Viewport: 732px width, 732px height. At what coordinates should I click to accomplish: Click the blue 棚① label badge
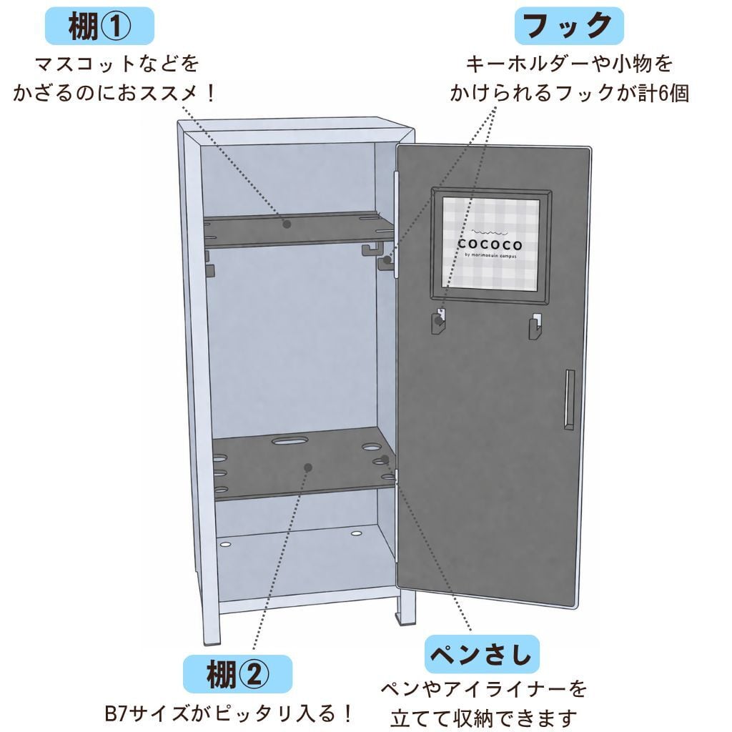coord(99,27)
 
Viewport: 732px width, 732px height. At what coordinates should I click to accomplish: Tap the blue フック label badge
coord(568,27)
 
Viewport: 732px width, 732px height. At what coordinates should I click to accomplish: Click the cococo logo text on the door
coord(490,244)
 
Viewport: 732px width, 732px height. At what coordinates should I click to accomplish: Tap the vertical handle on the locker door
coord(568,400)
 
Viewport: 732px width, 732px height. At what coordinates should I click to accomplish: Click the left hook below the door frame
coord(437,323)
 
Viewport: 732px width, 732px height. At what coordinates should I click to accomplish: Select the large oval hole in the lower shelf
coord(290,441)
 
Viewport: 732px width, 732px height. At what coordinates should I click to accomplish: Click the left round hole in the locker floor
coord(227,545)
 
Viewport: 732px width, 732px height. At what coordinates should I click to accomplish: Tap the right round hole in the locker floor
coord(356,533)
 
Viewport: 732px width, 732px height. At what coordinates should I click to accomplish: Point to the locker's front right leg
coord(405,608)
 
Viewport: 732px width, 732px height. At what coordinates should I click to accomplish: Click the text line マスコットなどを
coord(117,64)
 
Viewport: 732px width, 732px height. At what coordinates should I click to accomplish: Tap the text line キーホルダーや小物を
coord(569,64)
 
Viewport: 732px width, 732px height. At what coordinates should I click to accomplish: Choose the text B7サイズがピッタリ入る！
coord(229,713)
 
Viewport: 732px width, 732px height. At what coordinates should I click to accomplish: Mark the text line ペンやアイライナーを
coord(483,689)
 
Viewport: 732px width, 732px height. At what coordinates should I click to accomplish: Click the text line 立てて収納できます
coord(483,717)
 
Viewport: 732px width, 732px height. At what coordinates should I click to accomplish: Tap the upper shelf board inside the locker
coord(300,229)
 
